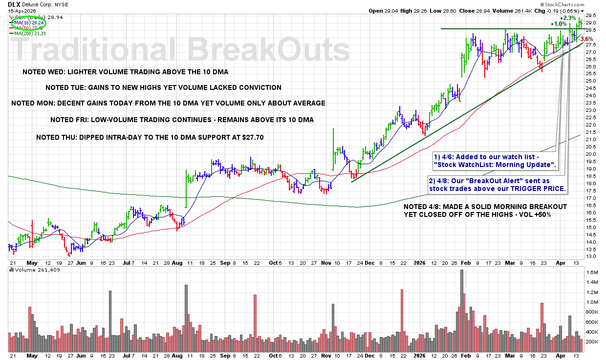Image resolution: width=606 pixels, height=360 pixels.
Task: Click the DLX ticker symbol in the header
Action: coord(14,4)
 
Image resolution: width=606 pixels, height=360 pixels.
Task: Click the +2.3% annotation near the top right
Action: coord(568,18)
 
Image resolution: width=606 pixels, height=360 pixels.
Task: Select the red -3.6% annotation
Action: coord(587,39)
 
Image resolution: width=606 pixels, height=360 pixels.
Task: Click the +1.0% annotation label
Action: coord(558,24)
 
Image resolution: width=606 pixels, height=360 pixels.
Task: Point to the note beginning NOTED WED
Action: coord(125,72)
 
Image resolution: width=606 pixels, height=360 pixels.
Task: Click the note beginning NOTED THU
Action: coord(150,137)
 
